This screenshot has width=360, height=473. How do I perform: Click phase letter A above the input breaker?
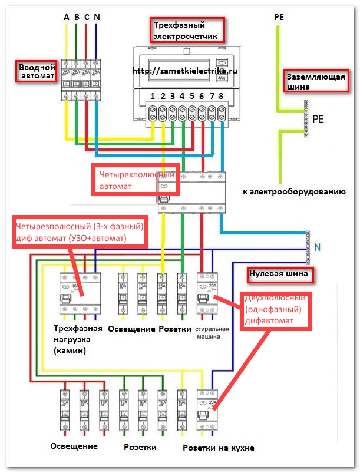[67, 17]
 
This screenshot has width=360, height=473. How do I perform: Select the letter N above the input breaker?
[96, 17]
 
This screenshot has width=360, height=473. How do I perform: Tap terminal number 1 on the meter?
[152, 95]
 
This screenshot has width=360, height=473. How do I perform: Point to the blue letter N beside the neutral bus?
[317, 248]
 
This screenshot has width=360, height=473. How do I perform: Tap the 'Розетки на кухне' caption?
[219, 448]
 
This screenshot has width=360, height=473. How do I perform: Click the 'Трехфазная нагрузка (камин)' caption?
[78, 339]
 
